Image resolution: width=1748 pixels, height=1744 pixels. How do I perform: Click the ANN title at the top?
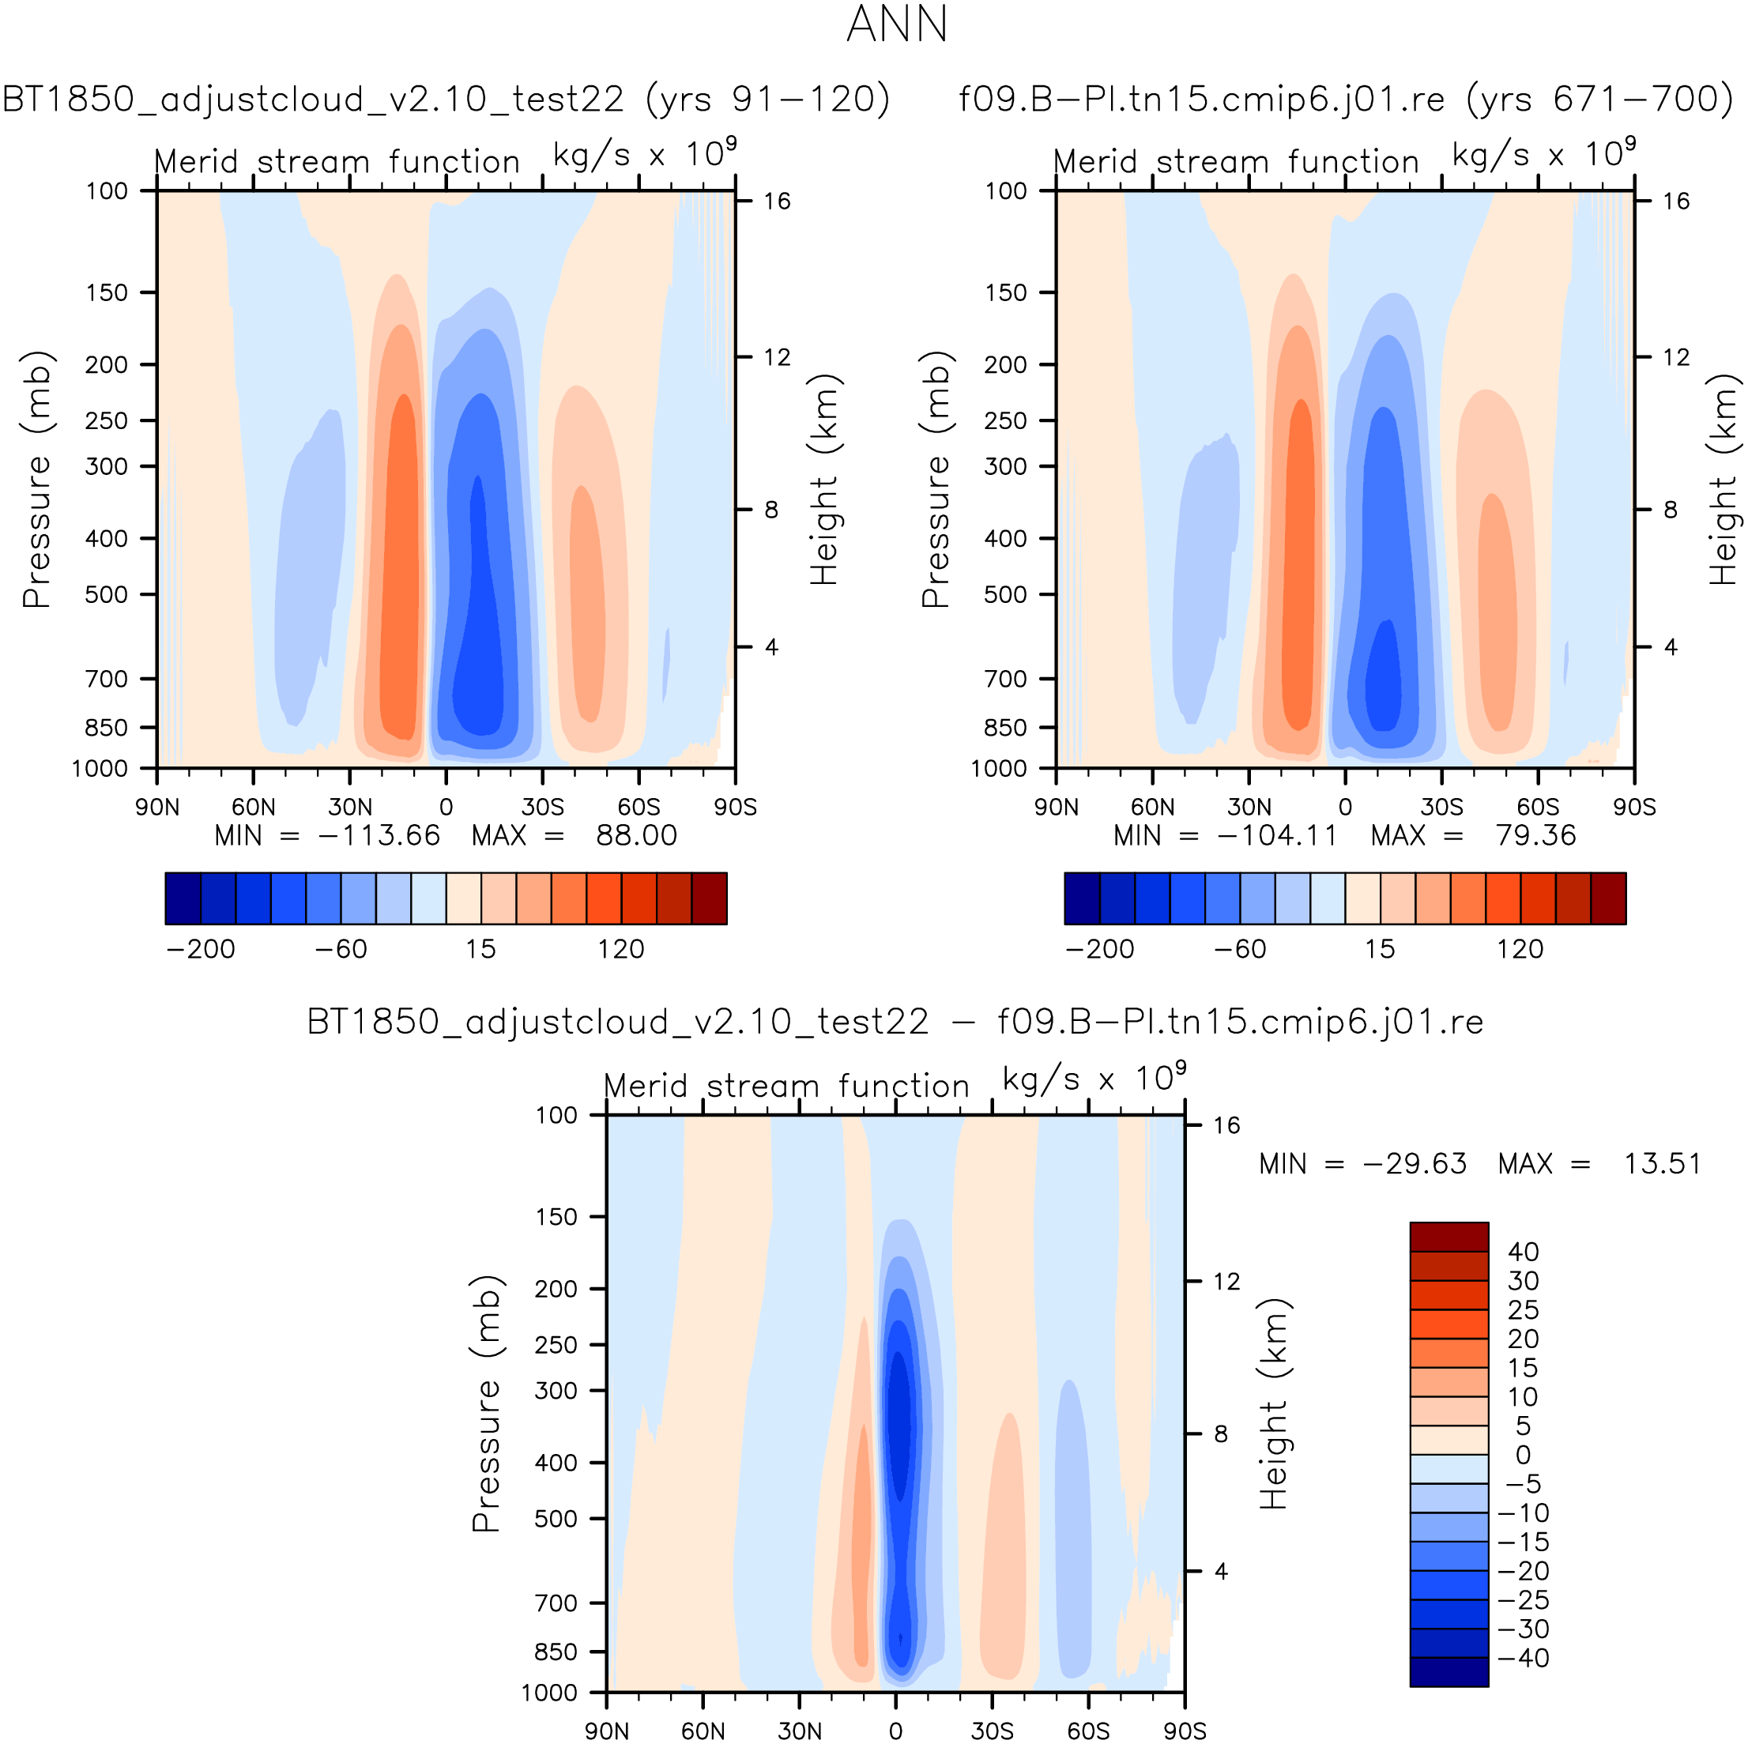(x=897, y=24)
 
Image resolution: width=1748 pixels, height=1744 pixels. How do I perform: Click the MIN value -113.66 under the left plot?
(x=379, y=836)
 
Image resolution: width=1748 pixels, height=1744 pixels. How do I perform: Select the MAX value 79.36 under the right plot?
(x=1535, y=836)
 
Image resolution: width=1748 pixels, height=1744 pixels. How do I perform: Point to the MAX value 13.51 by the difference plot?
(x=1662, y=1163)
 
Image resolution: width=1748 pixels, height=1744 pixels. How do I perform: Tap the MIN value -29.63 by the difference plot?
(x=1415, y=1163)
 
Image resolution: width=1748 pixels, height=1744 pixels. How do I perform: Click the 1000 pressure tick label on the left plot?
(x=100, y=769)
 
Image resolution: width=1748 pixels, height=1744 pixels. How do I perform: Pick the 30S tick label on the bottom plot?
(x=992, y=1731)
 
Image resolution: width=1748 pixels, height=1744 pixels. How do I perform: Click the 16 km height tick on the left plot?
(x=776, y=201)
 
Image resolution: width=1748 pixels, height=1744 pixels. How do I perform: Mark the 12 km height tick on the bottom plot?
(x=1226, y=1281)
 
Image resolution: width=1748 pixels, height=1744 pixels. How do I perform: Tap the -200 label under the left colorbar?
(x=200, y=949)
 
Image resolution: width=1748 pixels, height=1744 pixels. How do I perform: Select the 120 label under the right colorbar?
(x=1519, y=949)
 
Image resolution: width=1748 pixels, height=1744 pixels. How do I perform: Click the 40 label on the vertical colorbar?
(x=1523, y=1252)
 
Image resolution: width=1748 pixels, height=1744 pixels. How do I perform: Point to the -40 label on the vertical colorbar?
(x=1523, y=1658)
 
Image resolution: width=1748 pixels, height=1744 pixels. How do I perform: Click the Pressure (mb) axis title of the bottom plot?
(x=486, y=1403)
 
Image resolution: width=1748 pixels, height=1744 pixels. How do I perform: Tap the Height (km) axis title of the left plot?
(x=824, y=480)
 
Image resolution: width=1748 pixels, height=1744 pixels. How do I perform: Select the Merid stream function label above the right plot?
(x=1236, y=162)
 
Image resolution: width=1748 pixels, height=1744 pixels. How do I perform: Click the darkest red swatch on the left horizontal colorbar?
(x=710, y=898)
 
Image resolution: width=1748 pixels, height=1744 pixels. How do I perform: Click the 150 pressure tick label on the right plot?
(x=1006, y=293)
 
